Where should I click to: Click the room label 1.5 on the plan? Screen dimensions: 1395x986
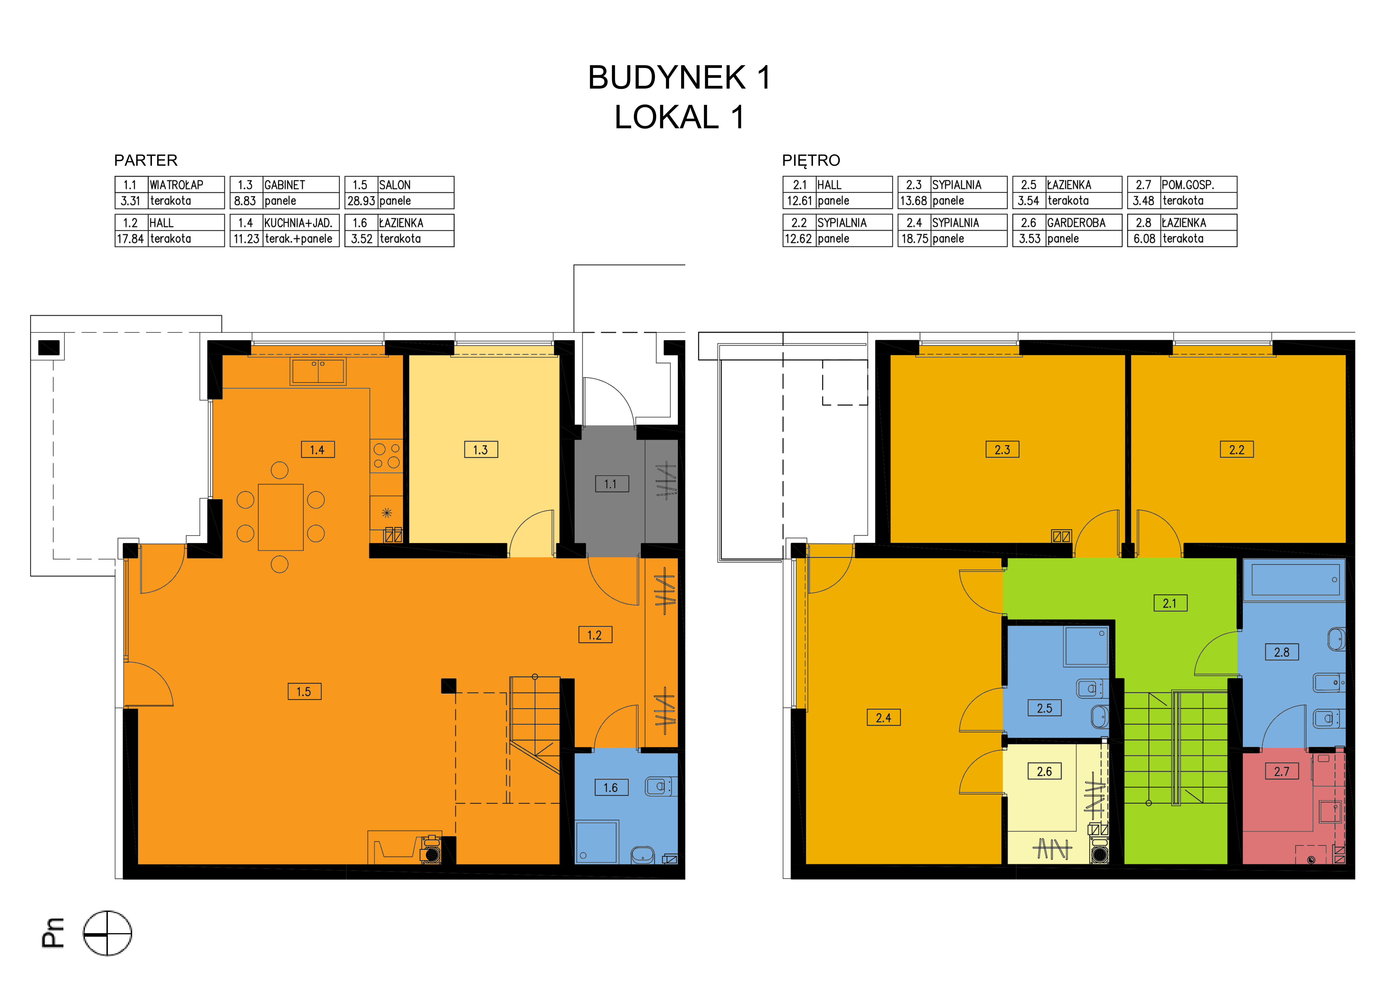305,691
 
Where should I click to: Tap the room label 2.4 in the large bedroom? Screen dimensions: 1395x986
883,717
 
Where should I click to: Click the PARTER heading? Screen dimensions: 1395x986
146,160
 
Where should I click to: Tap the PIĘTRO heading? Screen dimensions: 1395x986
811,160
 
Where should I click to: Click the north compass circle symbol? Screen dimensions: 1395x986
108,933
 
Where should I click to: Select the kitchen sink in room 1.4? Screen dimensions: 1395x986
319,371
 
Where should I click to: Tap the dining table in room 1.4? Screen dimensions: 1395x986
281,517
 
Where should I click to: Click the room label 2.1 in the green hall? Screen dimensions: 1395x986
1170,603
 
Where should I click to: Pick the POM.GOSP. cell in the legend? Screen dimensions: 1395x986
1188,185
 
